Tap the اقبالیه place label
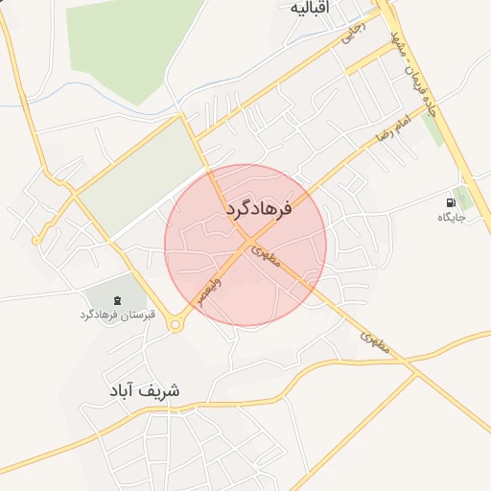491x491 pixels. tap(316, 8)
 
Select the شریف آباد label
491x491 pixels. tap(145, 391)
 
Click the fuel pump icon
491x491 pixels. tap(450, 202)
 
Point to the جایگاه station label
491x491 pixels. tap(451, 218)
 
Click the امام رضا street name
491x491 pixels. tap(391, 133)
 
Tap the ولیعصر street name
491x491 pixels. tap(208, 289)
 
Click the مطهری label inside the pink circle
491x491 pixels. tap(266, 254)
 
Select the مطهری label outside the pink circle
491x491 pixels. tap(376, 344)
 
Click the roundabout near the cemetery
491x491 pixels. tap(175, 325)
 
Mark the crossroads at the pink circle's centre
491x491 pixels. tap(245, 243)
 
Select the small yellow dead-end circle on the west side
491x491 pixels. tap(36, 241)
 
